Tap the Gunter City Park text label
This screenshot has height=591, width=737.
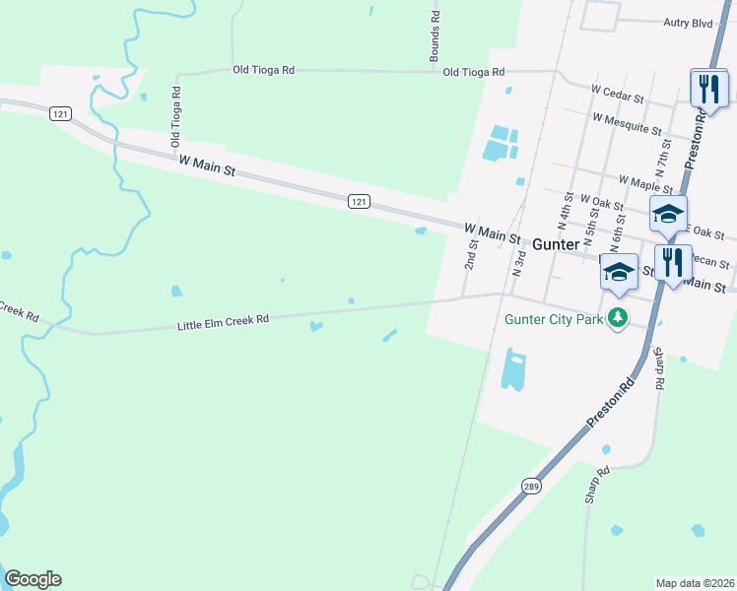tap(553, 319)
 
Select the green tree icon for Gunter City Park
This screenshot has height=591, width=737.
tap(618, 317)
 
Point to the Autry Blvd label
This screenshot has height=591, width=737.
tap(688, 21)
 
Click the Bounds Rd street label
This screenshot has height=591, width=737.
tap(434, 38)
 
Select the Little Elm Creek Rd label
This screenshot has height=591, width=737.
tap(224, 321)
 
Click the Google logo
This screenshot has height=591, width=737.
tap(33, 579)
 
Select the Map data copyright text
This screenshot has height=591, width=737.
tap(695, 583)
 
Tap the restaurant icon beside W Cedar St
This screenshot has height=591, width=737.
tap(708, 89)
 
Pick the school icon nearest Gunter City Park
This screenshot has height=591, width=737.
tap(619, 273)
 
